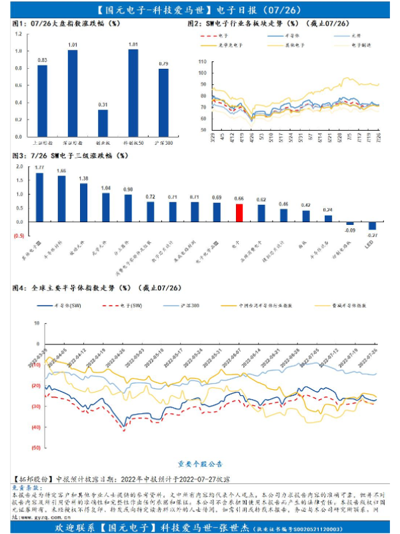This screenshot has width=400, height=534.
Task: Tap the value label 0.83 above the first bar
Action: click(x=42, y=61)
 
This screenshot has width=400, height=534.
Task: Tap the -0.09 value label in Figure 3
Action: click(x=349, y=230)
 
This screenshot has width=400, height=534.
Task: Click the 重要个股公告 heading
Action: click(x=200, y=463)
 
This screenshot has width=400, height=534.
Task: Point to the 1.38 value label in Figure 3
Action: click(x=83, y=179)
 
